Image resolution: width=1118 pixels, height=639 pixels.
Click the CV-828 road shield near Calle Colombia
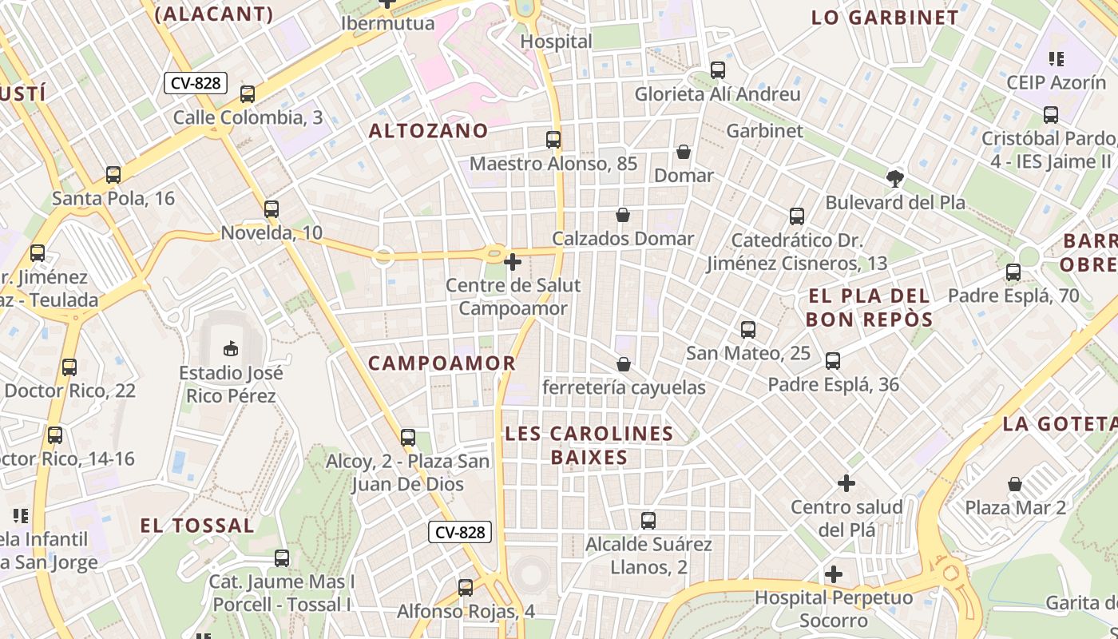click(x=196, y=83)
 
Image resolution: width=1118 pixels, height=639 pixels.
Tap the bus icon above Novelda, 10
click(x=272, y=209)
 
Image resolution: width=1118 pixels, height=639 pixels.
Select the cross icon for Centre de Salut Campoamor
click(x=513, y=261)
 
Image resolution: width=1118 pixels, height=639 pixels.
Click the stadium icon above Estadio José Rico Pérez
click(x=231, y=348)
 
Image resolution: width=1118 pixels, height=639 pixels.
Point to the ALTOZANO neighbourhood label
click(x=428, y=131)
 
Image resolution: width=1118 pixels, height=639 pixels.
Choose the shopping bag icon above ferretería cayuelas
click(x=624, y=364)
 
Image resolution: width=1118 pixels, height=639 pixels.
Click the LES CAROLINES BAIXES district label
click(x=589, y=446)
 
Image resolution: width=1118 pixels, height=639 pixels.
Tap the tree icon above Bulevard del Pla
click(x=894, y=178)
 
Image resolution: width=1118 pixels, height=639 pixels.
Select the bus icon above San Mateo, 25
click(x=748, y=329)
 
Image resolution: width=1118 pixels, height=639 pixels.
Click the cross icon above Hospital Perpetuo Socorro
click(x=834, y=574)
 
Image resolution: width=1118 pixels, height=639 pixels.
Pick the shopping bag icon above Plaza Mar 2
click(x=1015, y=484)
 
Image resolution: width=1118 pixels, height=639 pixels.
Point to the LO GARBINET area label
click(x=885, y=18)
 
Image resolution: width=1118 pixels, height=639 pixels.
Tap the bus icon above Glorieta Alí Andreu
click(x=718, y=70)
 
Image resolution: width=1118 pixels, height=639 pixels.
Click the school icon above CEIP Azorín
click(x=1057, y=58)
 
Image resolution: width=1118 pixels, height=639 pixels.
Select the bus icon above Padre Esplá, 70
click(x=1013, y=272)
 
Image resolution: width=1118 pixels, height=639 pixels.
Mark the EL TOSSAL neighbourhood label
click(x=197, y=526)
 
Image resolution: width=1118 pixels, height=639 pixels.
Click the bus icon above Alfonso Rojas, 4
click(x=466, y=588)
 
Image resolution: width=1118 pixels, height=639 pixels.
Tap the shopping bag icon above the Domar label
click(x=684, y=152)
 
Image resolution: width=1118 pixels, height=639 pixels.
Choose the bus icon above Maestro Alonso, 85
click(x=553, y=140)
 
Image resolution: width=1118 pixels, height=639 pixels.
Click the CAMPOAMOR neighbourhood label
click(x=442, y=363)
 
